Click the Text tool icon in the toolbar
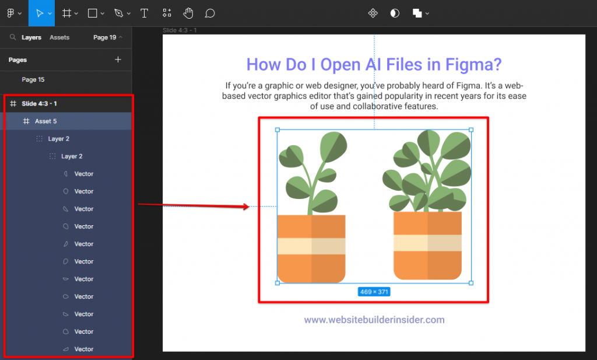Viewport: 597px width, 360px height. [144, 13]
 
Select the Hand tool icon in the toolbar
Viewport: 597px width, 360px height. [188, 13]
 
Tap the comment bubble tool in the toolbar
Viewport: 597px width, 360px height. [210, 13]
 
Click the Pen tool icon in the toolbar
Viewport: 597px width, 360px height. [119, 13]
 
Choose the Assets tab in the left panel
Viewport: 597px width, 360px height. [59, 37]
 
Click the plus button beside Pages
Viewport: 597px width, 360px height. [118, 60]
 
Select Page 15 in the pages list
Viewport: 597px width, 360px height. [33, 79]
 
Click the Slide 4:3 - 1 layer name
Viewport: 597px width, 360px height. [40, 103]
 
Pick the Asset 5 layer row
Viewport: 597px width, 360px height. [46, 121]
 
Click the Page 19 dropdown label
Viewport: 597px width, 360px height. [105, 37]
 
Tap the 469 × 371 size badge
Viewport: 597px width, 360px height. [374, 292]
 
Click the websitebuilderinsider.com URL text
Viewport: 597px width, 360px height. [374, 320]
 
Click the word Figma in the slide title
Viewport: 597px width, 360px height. [468, 65]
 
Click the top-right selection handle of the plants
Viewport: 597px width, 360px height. [471, 130]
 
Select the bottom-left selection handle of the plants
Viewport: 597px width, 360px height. [277, 283]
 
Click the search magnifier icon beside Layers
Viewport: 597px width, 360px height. [13, 37]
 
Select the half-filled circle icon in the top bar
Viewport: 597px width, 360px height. [395, 13]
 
